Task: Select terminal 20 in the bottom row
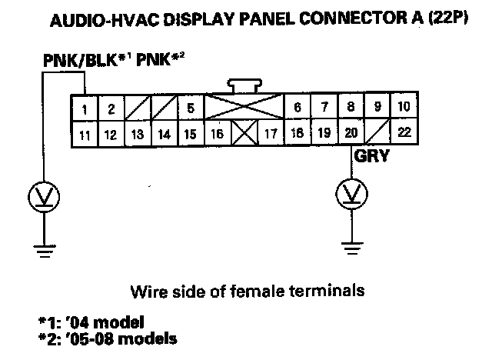(351, 133)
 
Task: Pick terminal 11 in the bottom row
(86, 135)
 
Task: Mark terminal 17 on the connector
(270, 134)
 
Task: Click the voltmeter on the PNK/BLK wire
(43, 197)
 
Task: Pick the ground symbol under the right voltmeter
(351, 247)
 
